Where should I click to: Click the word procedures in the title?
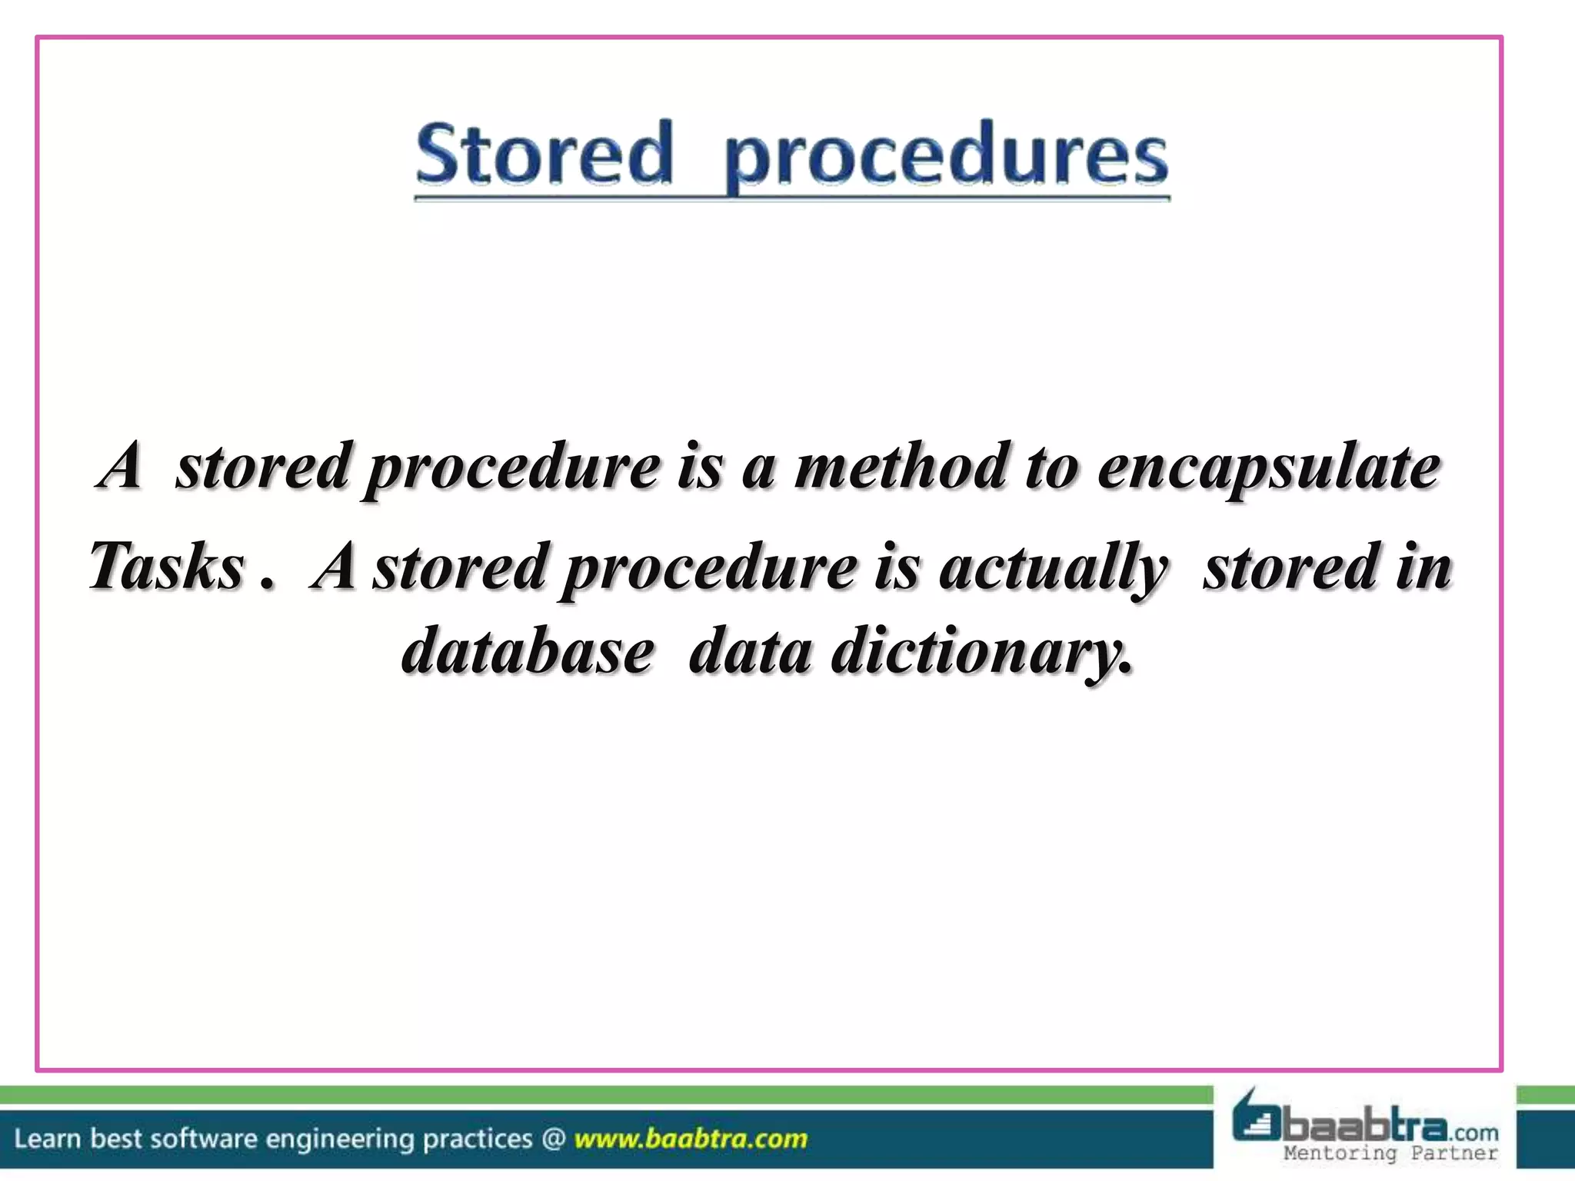point(946,158)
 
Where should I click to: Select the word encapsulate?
point(1268,468)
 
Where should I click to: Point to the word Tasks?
point(167,567)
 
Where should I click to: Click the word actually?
point(1053,568)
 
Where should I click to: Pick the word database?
point(528,651)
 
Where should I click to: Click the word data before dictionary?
point(750,651)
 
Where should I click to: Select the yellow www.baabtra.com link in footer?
point(691,1139)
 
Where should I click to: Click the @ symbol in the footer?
point(554,1139)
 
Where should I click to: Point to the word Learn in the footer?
point(47,1139)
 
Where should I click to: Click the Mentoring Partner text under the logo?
point(1390,1153)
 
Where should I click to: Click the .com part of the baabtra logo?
point(1474,1133)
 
